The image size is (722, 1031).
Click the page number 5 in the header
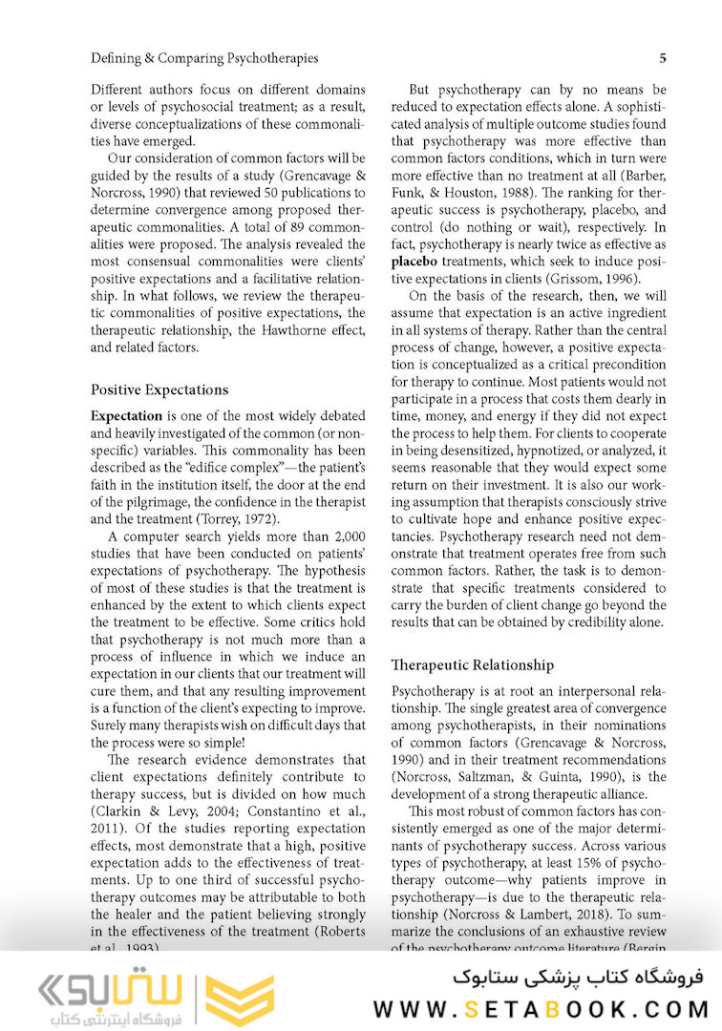(662, 58)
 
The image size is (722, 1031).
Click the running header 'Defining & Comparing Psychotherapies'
(204, 58)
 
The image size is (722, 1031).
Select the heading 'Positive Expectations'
(159, 389)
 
